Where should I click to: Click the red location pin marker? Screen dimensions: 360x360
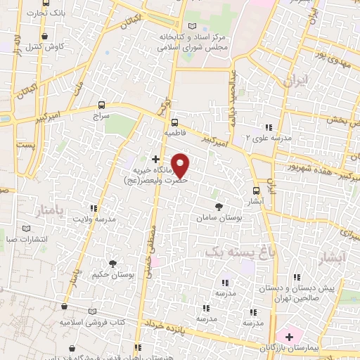click(181, 165)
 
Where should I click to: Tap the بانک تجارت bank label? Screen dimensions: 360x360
click(48, 13)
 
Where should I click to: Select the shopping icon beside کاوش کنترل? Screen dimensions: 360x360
click(45, 36)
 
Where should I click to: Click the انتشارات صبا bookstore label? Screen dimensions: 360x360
click(25, 239)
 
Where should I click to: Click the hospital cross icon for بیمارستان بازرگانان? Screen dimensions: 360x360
click(288, 336)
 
